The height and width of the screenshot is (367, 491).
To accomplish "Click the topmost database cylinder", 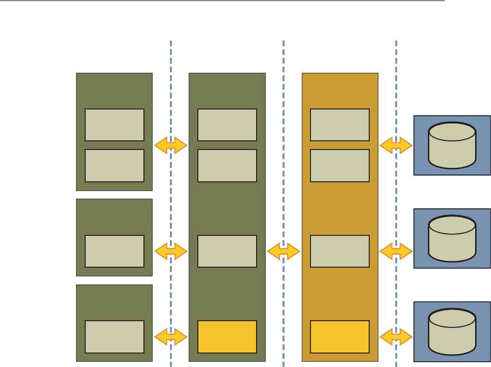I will click(452, 145).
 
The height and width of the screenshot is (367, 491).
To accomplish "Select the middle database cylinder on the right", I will click(452, 238).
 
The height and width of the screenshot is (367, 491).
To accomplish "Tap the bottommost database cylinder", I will click(452, 332).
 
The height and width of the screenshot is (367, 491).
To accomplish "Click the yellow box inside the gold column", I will click(340, 337).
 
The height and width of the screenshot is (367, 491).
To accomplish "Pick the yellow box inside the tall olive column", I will click(227, 337).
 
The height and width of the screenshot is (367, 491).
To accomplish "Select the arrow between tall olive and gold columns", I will click(284, 251).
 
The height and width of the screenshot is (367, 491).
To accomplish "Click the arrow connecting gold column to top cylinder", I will click(396, 145).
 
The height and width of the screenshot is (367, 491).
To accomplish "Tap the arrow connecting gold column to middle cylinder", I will click(396, 251).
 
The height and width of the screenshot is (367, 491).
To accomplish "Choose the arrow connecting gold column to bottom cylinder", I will click(396, 337).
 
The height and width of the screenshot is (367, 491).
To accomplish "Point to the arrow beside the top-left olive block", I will click(171, 145).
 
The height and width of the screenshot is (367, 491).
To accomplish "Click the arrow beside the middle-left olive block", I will click(171, 251).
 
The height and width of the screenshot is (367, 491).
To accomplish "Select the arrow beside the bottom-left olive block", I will click(171, 337).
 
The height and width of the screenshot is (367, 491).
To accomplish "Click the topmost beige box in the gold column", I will click(340, 125).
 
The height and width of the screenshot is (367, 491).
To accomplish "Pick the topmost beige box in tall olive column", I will click(227, 125).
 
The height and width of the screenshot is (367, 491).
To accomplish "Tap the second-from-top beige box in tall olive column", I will click(227, 165).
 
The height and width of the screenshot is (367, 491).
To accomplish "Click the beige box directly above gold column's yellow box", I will click(340, 251).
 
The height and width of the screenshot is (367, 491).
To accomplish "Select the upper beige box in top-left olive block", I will click(115, 125).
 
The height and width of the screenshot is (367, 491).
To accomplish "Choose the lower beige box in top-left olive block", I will click(115, 165).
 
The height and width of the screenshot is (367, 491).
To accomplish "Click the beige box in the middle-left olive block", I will click(115, 251).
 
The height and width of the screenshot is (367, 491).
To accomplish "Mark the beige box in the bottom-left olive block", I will click(115, 337).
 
